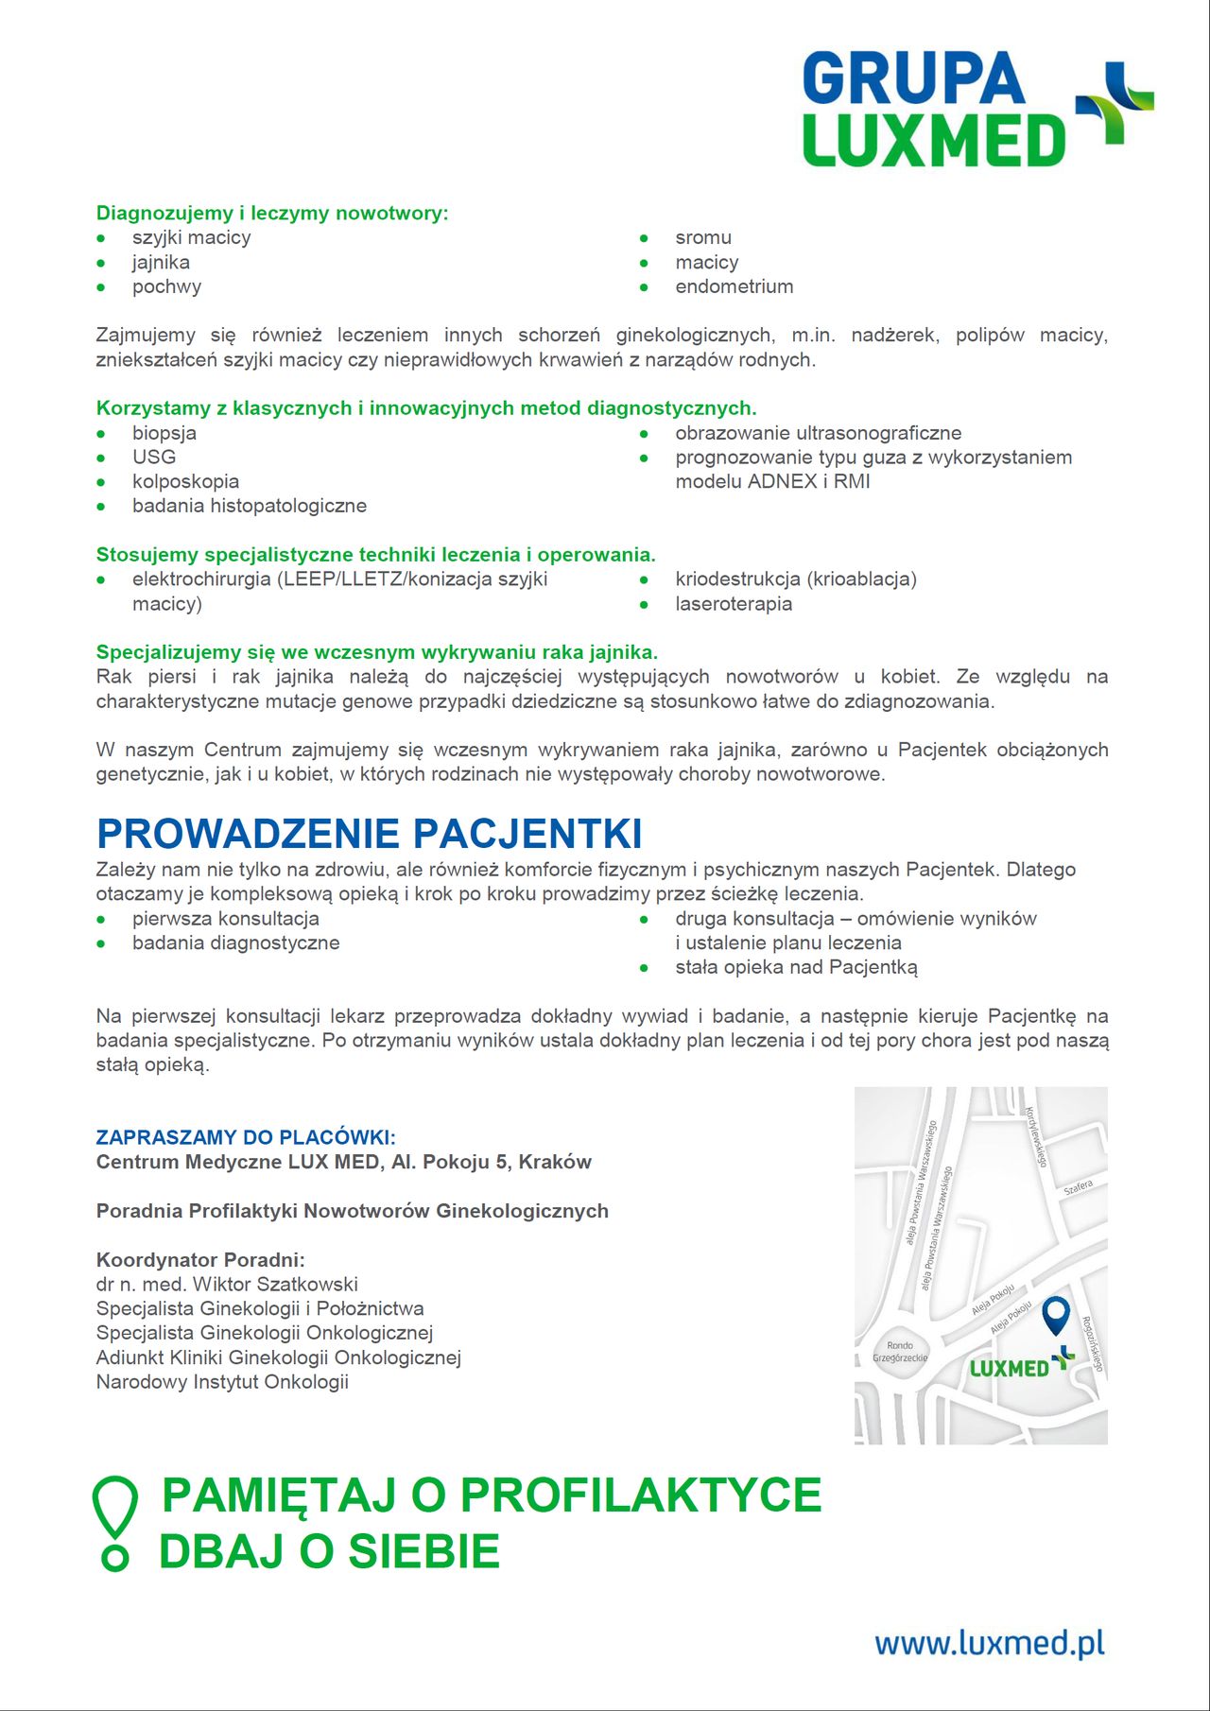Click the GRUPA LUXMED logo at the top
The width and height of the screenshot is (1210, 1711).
(977, 110)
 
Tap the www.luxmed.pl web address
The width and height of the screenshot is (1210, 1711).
(989, 1643)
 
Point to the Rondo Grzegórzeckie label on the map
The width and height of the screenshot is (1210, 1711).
(900, 1351)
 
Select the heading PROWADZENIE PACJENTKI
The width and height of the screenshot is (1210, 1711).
(369, 834)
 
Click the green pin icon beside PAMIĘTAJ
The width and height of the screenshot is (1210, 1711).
(114, 1522)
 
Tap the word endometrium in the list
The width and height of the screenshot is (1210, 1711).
(734, 286)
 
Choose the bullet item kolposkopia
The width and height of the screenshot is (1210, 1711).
(185, 481)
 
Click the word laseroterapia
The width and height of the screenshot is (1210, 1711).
(734, 604)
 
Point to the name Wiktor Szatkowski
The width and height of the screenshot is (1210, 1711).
(275, 1284)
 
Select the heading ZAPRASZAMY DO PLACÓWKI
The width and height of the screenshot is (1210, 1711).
(246, 1137)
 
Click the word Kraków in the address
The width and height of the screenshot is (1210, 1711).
(555, 1162)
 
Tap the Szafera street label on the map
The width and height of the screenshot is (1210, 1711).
(1078, 1187)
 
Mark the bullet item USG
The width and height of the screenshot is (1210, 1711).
(154, 457)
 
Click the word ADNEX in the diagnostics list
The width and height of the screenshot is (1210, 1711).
(782, 481)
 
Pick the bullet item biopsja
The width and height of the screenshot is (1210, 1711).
(164, 433)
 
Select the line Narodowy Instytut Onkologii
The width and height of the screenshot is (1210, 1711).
(222, 1382)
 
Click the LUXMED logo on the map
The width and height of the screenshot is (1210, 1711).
(1021, 1366)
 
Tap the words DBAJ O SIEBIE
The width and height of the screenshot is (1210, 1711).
(329, 1552)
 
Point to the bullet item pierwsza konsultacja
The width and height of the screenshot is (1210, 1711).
(226, 919)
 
